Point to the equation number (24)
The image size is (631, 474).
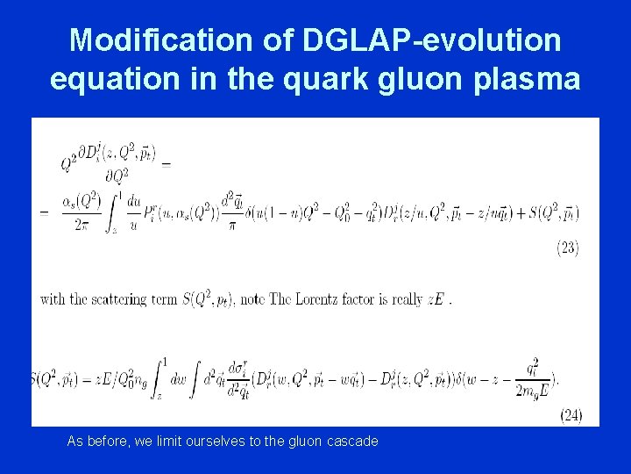(x=570, y=415)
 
